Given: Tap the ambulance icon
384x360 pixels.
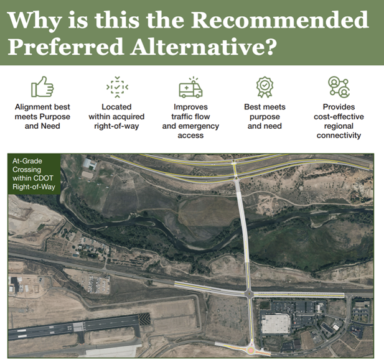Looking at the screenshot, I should pyautogui.click(x=190, y=88).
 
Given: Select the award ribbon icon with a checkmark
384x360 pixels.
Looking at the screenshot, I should pyautogui.click(x=265, y=87).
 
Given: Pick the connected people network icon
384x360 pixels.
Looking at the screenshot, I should pyautogui.click(x=339, y=87).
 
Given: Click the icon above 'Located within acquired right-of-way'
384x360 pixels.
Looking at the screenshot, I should pyautogui.click(x=116, y=87).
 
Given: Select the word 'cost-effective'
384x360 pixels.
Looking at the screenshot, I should pyautogui.click(x=339, y=116).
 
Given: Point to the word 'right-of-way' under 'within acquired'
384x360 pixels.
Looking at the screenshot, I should pyautogui.click(x=116, y=126).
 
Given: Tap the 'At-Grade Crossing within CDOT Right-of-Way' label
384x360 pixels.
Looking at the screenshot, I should pyautogui.click(x=34, y=173).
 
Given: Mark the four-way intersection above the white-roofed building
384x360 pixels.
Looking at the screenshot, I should pyautogui.click(x=250, y=293).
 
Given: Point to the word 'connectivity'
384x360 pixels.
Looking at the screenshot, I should pyautogui.click(x=339, y=135).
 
